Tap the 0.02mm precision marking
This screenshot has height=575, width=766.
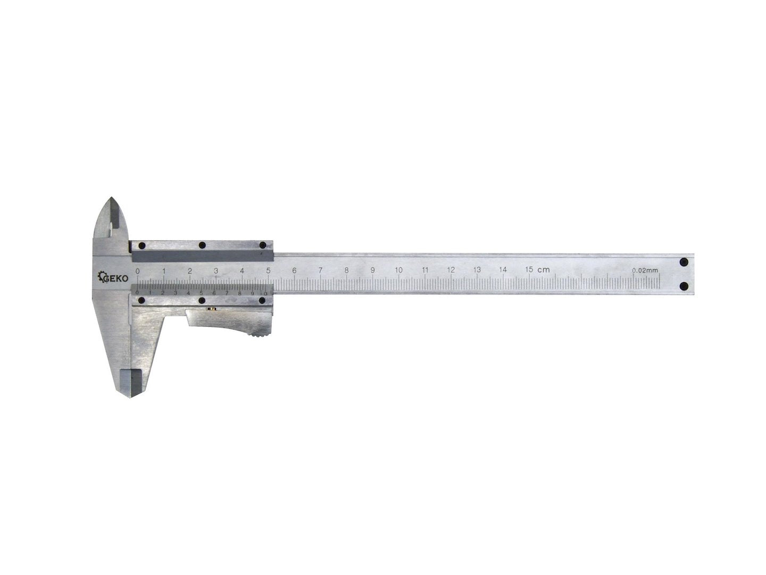coord(645,270)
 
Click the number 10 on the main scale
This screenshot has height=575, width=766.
coord(398,270)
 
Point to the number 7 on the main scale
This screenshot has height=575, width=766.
coord(320,270)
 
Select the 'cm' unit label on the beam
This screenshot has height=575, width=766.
coord(543,269)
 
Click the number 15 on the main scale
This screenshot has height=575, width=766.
coord(529,269)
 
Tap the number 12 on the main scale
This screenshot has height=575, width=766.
coord(451,270)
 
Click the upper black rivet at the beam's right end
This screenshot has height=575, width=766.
coord(684,262)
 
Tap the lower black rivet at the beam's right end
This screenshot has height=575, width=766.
coord(684,286)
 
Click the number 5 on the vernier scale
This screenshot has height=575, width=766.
coord(201,292)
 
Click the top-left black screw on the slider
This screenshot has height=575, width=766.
coord(141,245)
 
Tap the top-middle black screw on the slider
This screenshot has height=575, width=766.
coord(202,245)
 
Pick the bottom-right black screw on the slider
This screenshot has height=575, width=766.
coord(263,301)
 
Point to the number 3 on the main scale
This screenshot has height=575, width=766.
coord(216,270)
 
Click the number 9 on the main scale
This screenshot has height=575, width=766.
coord(372,270)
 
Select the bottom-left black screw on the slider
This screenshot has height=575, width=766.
coord(141,301)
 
